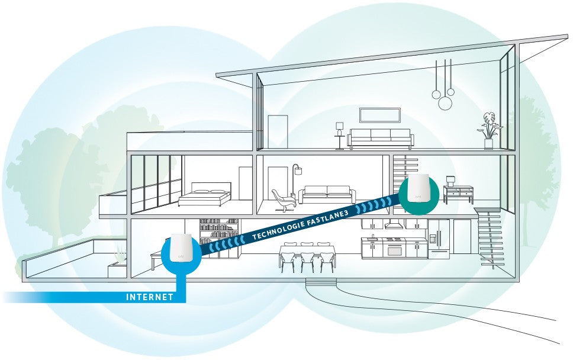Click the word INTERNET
149,297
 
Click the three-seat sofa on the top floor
381,138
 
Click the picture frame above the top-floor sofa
380,115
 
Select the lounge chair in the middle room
283,200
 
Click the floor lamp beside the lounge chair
295,179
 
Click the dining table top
307,248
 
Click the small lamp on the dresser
450,181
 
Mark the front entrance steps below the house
321,282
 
